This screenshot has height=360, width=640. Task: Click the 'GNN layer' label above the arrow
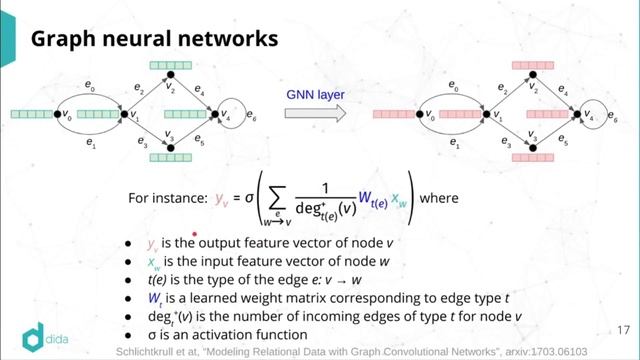[314, 92]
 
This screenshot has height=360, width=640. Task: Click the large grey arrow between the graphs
[314, 114]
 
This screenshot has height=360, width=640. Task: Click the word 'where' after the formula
[439, 198]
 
